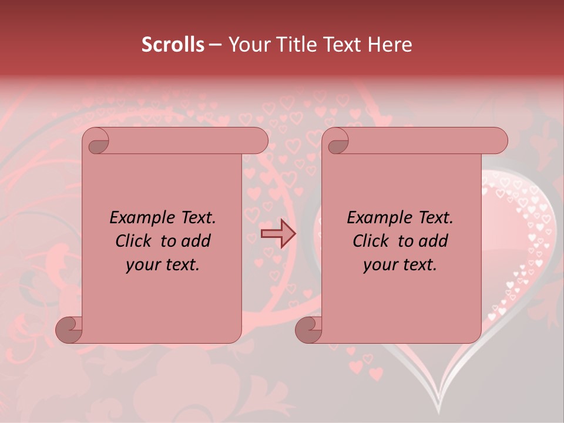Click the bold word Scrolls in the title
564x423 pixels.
tap(173, 45)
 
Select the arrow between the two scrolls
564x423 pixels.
tap(278, 234)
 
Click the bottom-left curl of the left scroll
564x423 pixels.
tap(70, 330)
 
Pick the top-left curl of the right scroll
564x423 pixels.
tap(336, 142)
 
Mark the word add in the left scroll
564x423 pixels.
tap(196, 241)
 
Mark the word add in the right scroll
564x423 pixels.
tap(434, 241)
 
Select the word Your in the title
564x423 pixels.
tap(247, 45)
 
